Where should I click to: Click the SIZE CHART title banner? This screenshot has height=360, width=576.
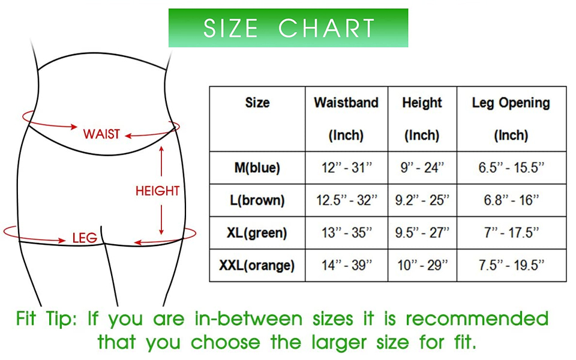tap(288, 28)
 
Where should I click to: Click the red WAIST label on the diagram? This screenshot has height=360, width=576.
tap(101, 134)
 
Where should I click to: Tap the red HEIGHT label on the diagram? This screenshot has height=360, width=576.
tap(157, 191)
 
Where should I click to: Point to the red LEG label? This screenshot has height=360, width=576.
tap(85, 238)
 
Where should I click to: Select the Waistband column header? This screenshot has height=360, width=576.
tap(346, 119)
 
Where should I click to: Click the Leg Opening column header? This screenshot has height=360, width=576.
tap(511, 119)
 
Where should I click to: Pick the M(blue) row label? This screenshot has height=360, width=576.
tap(257, 168)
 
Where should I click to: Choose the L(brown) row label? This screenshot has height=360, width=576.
tap(257, 200)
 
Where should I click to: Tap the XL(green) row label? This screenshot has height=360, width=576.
tap(257, 233)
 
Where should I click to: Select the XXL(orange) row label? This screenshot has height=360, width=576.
tap(257, 265)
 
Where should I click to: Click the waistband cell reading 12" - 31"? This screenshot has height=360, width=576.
tap(347, 168)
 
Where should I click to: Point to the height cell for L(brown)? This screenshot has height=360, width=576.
tap(422, 200)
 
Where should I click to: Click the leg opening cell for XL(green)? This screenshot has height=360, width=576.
tap(511, 233)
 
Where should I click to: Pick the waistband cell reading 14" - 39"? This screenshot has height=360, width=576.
tap(347, 265)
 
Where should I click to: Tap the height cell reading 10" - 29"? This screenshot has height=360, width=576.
tap(422, 265)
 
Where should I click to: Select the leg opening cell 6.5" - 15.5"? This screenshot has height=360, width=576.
tap(511, 168)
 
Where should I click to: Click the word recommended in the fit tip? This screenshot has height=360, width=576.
tap(477, 319)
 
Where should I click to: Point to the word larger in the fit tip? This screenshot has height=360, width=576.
tap(339, 343)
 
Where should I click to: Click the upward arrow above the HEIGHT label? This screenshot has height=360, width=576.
tap(161, 161)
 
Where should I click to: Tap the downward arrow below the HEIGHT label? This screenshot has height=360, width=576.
tap(161, 220)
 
